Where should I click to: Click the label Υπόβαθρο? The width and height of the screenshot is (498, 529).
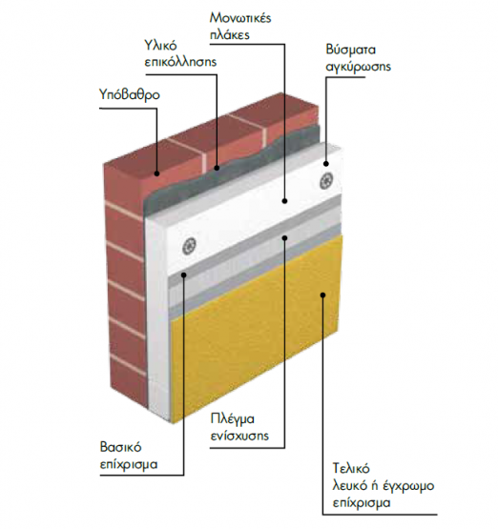pos(130,95)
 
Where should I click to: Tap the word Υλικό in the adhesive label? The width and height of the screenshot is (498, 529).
pos(160,45)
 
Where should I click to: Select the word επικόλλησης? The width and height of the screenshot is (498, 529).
pos(180,62)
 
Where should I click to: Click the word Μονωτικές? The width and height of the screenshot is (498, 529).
pos(240,18)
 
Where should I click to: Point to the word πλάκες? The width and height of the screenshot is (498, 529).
pos(230,34)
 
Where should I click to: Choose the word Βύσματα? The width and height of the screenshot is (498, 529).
pos(350,50)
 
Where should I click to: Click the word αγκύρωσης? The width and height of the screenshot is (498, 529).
pos(358,67)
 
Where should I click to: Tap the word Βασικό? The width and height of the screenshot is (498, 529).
pos(120,448)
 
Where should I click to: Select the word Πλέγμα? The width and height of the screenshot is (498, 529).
pos(232,420)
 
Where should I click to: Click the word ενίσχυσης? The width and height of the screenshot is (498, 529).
pos(239,437)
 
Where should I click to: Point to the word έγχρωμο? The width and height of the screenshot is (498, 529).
pos(408,486)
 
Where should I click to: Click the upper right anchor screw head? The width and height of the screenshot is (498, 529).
pos(326,181)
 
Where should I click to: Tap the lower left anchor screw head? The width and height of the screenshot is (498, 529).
pos(190,247)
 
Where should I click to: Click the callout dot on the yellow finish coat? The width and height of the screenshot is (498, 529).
pos(323,295)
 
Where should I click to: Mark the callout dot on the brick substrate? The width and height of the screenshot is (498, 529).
pos(156,173)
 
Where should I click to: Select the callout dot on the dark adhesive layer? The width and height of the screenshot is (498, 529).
pos(217,168)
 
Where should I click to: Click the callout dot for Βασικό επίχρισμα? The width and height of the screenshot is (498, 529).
pos(184,275)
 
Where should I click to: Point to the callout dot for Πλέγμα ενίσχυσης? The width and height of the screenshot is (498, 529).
pos(284,238)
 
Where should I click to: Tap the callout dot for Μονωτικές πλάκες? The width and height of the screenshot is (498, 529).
pos(284,201)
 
